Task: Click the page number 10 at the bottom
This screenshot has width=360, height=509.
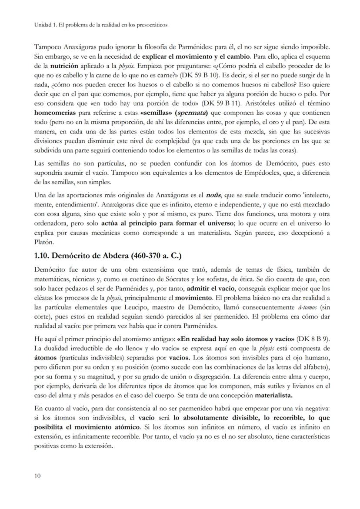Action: (x=37, y=476)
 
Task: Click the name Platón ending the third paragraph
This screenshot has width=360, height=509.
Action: (x=44, y=242)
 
